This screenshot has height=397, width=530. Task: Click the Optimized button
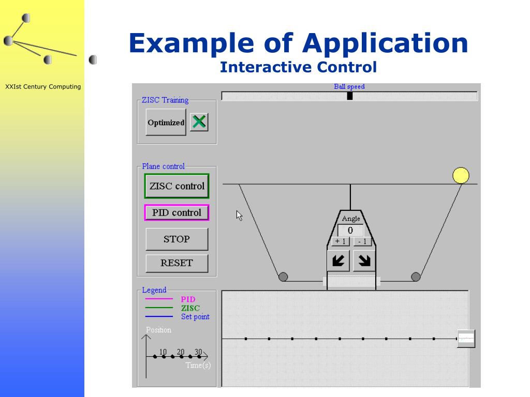point(166,123)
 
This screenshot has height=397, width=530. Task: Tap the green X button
point(199,122)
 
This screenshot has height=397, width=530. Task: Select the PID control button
point(176,212)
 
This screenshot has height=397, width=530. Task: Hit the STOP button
point(176,239)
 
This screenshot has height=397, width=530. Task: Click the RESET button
point(176,263)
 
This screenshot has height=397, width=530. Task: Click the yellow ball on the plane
point(461,176)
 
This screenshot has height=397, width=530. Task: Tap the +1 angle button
point(340,241)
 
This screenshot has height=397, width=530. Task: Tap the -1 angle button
point(362,241)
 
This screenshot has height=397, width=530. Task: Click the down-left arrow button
point(338,261)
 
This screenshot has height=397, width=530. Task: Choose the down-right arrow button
point(364,261)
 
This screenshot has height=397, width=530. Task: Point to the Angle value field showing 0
point(350,231)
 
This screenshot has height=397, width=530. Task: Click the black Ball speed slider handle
point(350,96)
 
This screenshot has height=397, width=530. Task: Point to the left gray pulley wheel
point(283,277)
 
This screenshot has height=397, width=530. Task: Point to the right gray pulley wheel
point(416,277)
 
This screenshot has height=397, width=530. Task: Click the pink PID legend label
point(188,299)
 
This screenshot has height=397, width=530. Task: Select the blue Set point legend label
point(195,317)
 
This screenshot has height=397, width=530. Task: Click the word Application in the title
point(385,43)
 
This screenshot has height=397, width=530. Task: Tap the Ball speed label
point(349,87)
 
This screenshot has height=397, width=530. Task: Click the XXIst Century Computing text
point(43,87)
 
